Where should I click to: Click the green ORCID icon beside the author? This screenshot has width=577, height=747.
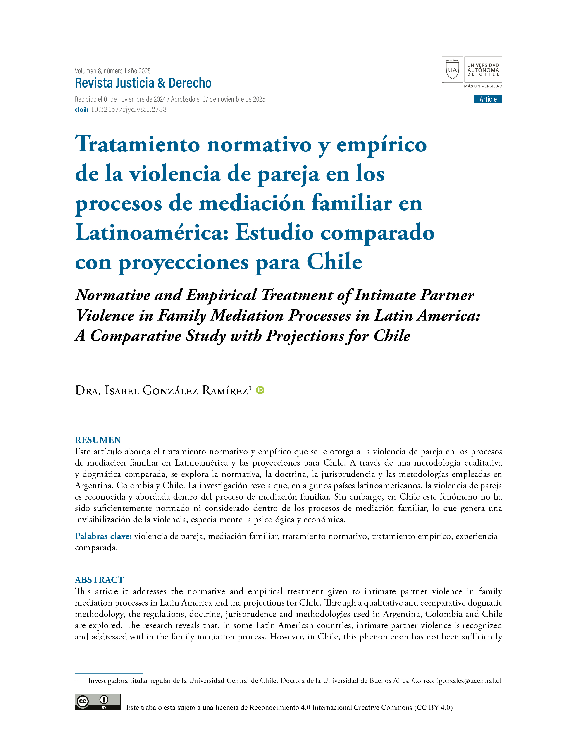(x=260, y=390)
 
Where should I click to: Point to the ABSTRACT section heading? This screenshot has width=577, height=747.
(x=99, y=580)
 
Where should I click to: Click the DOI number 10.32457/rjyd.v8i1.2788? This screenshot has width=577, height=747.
(x=129, y=110)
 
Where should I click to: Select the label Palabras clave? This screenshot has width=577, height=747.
(x=103, y=536)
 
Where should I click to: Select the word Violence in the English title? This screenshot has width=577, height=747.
(x=105, y=315)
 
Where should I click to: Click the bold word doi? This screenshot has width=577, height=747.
(x=81, y=110)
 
